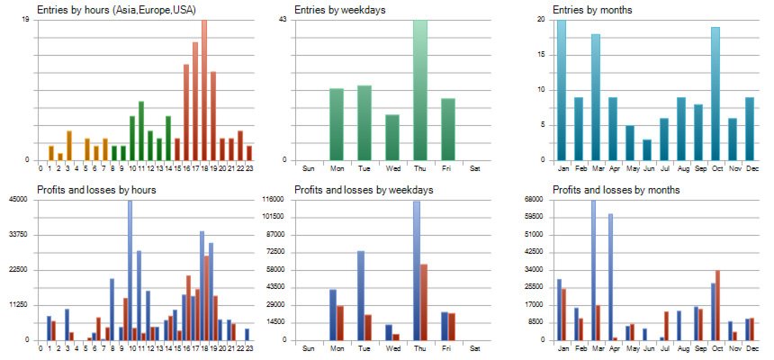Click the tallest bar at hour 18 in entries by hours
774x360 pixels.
[204, 90]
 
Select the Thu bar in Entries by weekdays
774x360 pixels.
[420, 90]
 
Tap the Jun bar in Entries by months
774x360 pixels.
[646, 149]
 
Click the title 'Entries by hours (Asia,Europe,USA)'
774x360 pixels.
[117, 9]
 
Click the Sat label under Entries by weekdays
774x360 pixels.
[475, 168]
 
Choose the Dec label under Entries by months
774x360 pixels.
[750, 168]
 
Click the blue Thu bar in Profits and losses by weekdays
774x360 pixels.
[417, 270]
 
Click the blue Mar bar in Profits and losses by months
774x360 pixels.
[592, 270]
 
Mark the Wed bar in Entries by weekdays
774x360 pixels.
[392, 138]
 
